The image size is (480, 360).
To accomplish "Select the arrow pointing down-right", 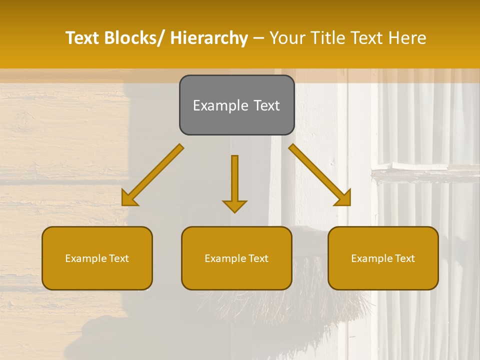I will pos(320,175).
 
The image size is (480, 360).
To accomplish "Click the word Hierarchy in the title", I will pos(209,38).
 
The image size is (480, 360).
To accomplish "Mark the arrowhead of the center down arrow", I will pos(234,205).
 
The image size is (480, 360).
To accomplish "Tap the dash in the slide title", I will pos(258,38).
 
